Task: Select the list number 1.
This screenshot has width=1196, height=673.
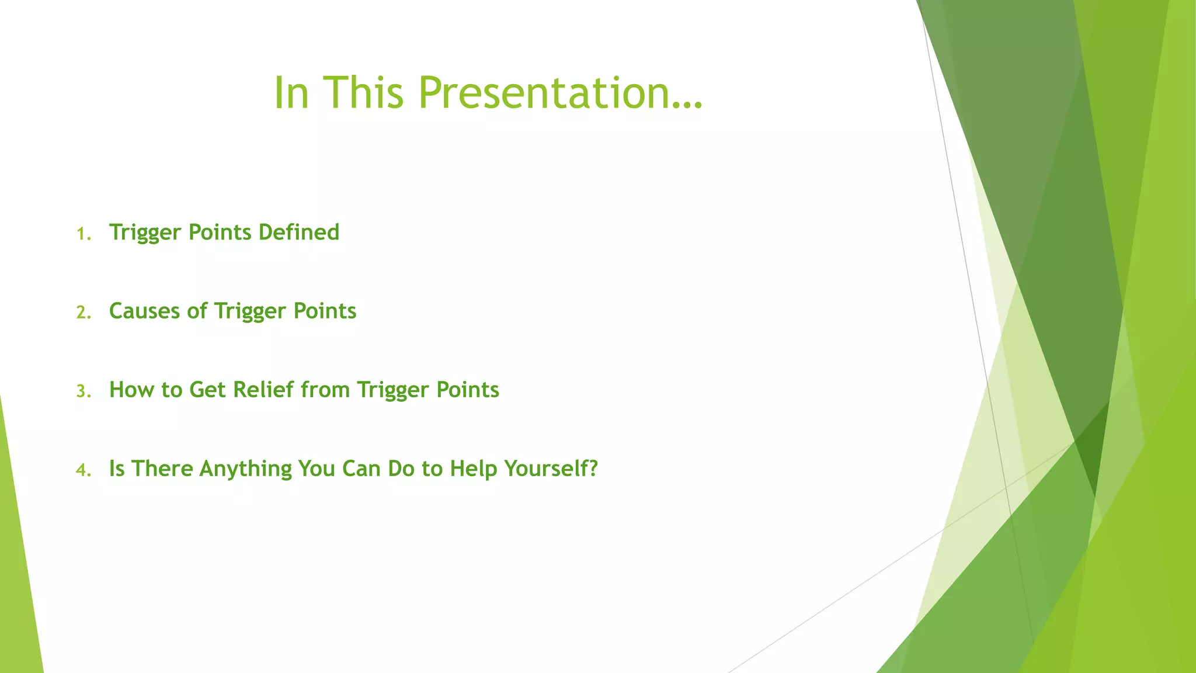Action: tap(84, 234)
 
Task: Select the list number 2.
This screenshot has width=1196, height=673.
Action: tap(84, 313)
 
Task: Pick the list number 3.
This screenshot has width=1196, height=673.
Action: tap(84, 391)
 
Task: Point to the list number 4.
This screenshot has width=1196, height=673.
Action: tap(84, 470)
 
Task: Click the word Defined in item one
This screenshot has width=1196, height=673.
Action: tap(298, 233)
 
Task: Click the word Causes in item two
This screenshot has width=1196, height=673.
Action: tap(144, 311)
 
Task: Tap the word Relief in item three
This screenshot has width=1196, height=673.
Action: tap(263, 390)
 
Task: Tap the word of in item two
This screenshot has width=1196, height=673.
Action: tap(197, 311)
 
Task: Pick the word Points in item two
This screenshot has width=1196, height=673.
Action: tap(325, 311)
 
